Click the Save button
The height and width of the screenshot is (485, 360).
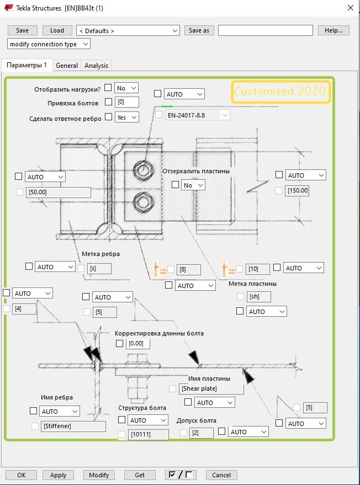click(23, 30)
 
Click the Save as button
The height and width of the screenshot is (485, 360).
click(199, 30)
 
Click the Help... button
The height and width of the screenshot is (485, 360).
click(333, 30)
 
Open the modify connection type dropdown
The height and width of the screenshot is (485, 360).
click(49, 44)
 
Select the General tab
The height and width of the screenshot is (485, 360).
click(67, 65)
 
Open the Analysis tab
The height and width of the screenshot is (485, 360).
click(96, 65)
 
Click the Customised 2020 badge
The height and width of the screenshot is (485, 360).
click(280, 92)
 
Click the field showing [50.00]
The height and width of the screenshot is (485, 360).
click(59, 193)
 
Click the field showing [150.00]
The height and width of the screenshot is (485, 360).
click(297, 191)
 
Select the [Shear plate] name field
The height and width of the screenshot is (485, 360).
click(211, 388)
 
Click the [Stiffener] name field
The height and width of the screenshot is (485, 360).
click(73, 426)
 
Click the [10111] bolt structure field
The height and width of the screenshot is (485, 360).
click(147, 434)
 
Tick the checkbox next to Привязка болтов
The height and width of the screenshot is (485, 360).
click(108, 102)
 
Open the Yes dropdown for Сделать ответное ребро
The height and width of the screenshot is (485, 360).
click(126, 117)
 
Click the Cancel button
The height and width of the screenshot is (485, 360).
click(221, 475)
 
